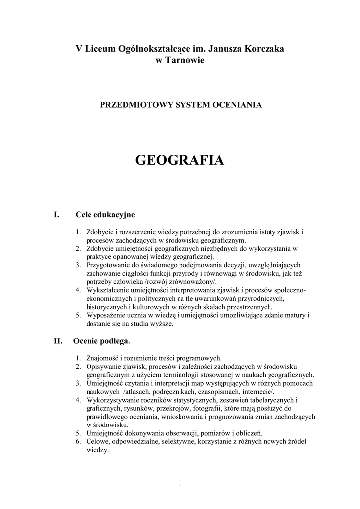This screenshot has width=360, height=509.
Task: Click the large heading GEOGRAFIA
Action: pyautogui.click(x=180, y=160)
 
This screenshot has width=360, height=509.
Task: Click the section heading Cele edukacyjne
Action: pyautogui.click(x=105, y=215)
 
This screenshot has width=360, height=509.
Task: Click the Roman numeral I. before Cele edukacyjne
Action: pyautogui.click(x=56, y=215)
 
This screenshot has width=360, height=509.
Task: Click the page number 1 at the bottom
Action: pyautogui.click(x=180, y=483)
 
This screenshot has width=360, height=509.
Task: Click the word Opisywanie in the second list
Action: pyautogui.click(x=102, y=366)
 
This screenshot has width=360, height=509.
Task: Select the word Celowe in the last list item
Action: pyautogui.click(x=97, y=441)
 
